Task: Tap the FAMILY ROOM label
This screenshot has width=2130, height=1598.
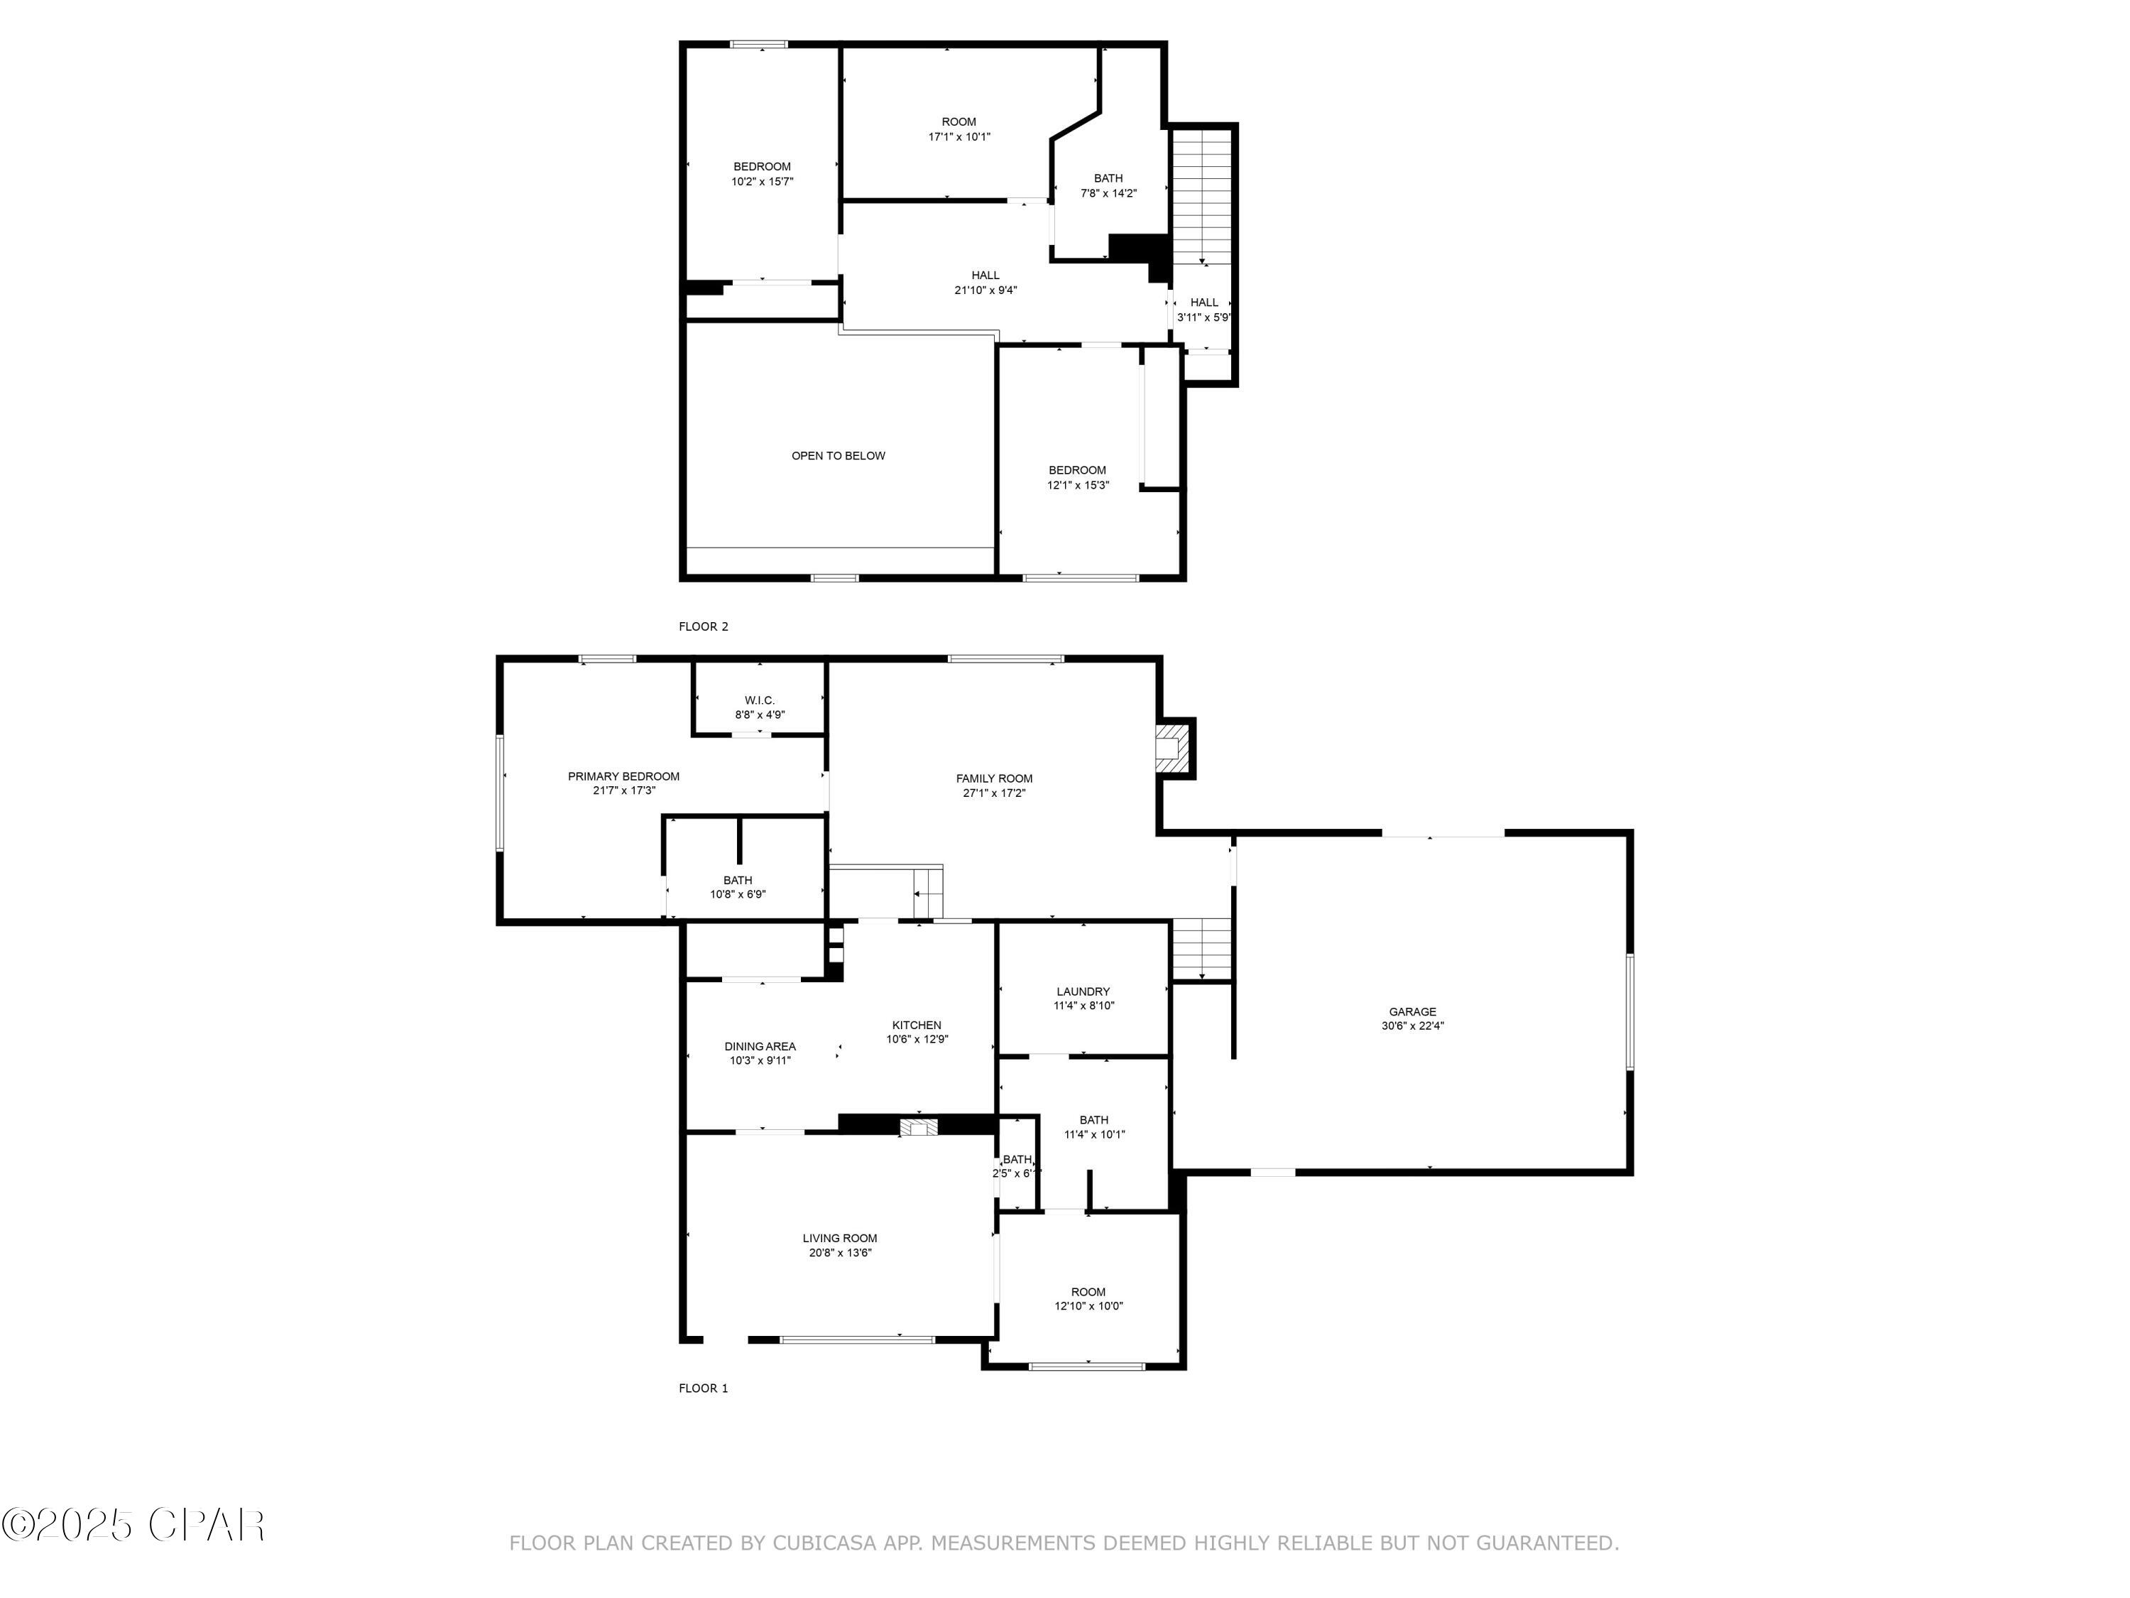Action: (x=994, y=778)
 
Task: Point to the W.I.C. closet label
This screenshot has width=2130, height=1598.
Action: (x=760, y=700)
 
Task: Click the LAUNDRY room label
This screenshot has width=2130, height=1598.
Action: (x=1083, y=991)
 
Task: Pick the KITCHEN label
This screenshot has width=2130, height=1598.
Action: (x=917, y=1025)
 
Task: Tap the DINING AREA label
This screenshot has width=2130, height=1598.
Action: (x=760, y=1046)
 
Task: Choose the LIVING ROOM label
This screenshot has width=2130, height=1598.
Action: (x=840, y=1238)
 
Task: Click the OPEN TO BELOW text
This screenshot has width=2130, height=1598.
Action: (x=838, y=456)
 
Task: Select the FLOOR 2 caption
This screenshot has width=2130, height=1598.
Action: (x=703, y=626)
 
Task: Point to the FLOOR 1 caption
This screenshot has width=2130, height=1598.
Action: (x=703, y=1388)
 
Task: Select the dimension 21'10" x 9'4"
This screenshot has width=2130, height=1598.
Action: (x=985, y=290)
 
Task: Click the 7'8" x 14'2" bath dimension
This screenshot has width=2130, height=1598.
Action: (x=1108, y=192)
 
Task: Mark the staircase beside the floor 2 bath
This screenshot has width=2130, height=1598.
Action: (x=1202, y=197)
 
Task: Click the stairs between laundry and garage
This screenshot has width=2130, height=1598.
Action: (x=1202, y=950)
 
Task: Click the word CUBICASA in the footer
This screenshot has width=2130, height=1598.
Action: (x=825, y=1543)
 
